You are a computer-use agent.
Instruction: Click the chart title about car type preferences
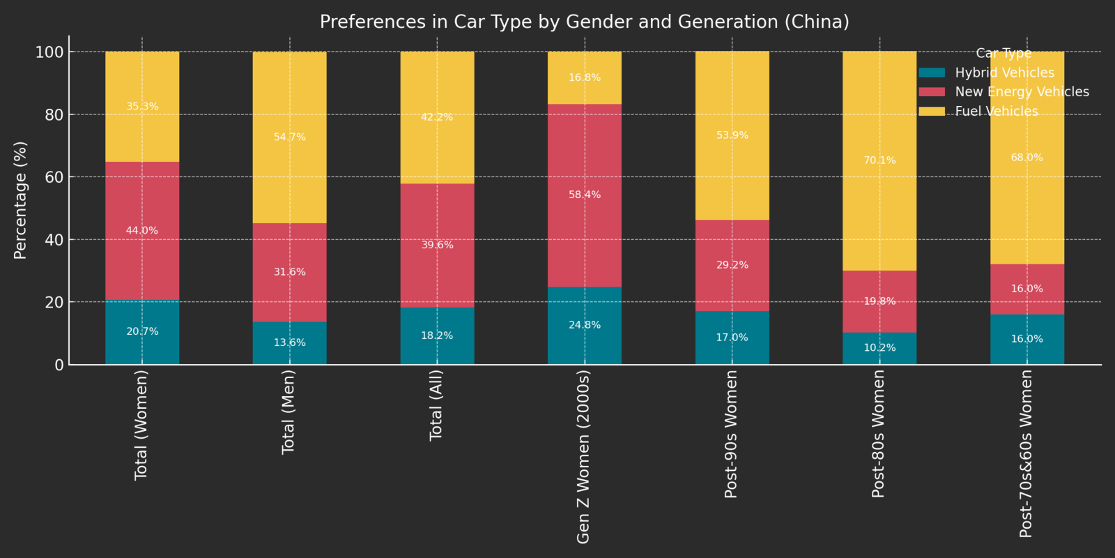coord(584,22)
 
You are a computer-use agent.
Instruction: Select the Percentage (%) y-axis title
coord(20,200)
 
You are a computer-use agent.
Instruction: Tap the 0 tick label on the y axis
coord(59,365)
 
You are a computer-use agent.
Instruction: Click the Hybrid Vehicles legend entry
coord(1004,73)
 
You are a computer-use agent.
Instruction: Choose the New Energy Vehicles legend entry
coord(1022,92)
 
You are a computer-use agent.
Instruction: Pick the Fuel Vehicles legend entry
coord(996,112)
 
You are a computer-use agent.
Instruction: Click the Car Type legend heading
coord(1003,54)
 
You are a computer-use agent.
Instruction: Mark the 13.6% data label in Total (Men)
coord(289,342)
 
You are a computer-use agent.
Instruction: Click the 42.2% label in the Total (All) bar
coord(437,117)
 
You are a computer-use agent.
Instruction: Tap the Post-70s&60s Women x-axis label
coord(1026,453)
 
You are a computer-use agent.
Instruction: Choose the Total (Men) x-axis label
coord(289,412)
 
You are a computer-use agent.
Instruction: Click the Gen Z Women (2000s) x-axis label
coord(584,457)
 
